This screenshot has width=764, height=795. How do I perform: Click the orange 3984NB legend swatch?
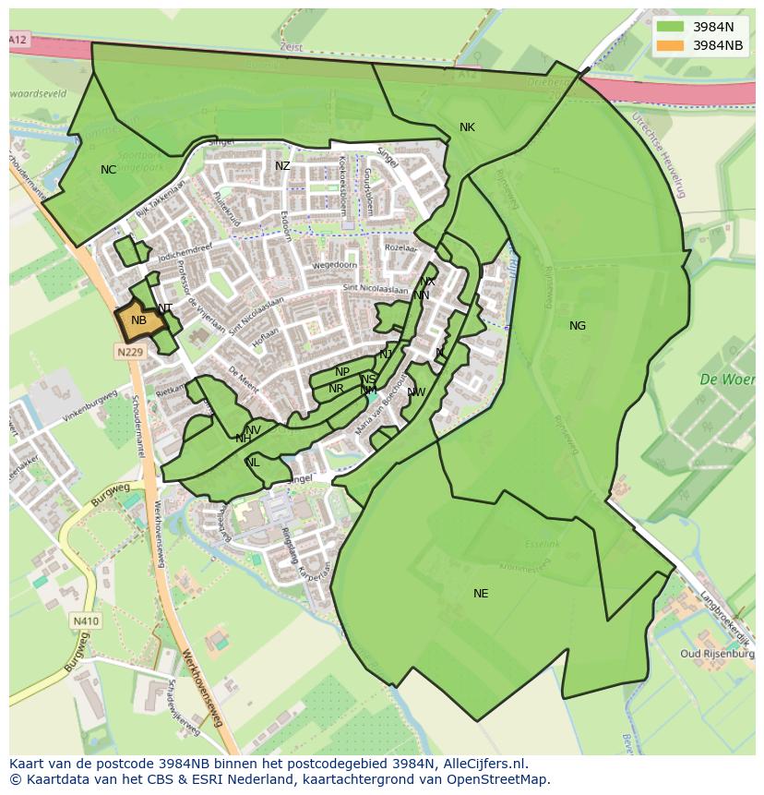point(671,45)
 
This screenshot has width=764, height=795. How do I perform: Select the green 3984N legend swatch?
point(671,27)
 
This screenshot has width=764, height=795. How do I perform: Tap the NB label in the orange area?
point(138,320)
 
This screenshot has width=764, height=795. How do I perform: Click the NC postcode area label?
point(109,170)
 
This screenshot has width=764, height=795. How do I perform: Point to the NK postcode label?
point(467,127)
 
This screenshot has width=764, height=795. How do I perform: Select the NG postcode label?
point(578,326)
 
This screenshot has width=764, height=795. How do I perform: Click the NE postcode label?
point(481,594)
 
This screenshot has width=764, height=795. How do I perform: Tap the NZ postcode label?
point(282,166)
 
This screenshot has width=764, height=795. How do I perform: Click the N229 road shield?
point(130,352)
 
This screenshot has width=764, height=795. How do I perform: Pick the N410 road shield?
point(85,621)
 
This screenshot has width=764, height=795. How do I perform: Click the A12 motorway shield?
point(18,40)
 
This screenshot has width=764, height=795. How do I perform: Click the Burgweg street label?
point(110,493)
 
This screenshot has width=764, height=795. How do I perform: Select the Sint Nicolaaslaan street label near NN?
point(375,289)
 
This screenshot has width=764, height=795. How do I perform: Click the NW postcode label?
point(416,392)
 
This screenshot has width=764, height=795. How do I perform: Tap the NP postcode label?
point(342,372)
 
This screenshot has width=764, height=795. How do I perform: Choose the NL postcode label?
point(253,463)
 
